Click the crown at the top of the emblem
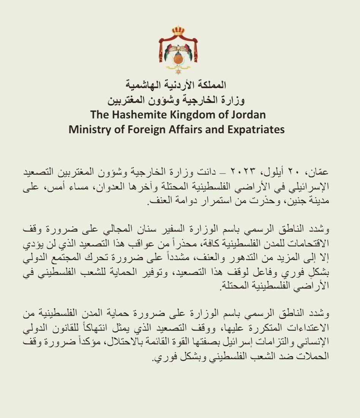(178, 30)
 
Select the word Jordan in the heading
(251, 115)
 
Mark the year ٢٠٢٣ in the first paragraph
(269, 171)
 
